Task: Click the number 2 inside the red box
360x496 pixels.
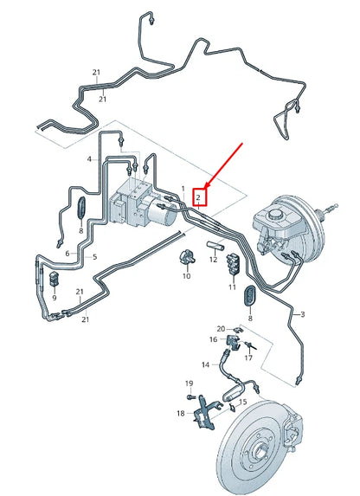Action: (198, 197)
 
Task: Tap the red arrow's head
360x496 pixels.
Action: (206, 187)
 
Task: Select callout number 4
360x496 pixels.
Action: (89, 159)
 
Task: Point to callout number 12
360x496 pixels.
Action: (214, 260)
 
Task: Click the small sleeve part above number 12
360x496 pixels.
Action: (215, 246)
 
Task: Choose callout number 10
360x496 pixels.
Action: (187, 276)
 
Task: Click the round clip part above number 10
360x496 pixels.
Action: (187, 257)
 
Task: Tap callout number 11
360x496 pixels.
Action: (233, 287)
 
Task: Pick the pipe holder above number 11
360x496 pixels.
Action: (234, 262)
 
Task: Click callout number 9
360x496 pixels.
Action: (55, 298)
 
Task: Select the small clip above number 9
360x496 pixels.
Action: (55, 278)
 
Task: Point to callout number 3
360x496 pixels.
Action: (302, 314)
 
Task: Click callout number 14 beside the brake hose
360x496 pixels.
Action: (206, 364)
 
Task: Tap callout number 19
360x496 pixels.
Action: (189, 383)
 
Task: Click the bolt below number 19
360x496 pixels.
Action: (190, 396)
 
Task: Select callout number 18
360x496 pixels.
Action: (181, 413)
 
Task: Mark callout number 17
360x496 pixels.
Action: (248, 358)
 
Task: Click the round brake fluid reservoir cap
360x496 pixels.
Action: (276, 214)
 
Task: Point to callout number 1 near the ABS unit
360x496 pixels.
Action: (183, 189)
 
